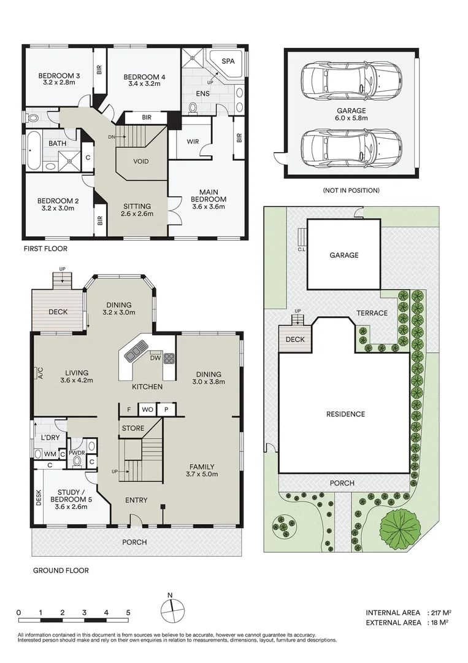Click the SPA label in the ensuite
[x=228, y=61]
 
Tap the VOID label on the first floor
[x=140, y=161]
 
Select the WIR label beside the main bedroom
[x=193, y=142]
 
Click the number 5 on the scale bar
[x=128, y=612]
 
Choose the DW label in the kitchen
[x=155, y=358]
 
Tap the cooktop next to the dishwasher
[x=169, y=359]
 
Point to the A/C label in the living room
[x=40, y=373]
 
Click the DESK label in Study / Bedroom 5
[x=39, y=497]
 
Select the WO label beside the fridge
[x=147, y=409]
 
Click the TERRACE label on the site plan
[x=372, y=313]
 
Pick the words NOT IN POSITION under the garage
[x=351, y=190]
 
